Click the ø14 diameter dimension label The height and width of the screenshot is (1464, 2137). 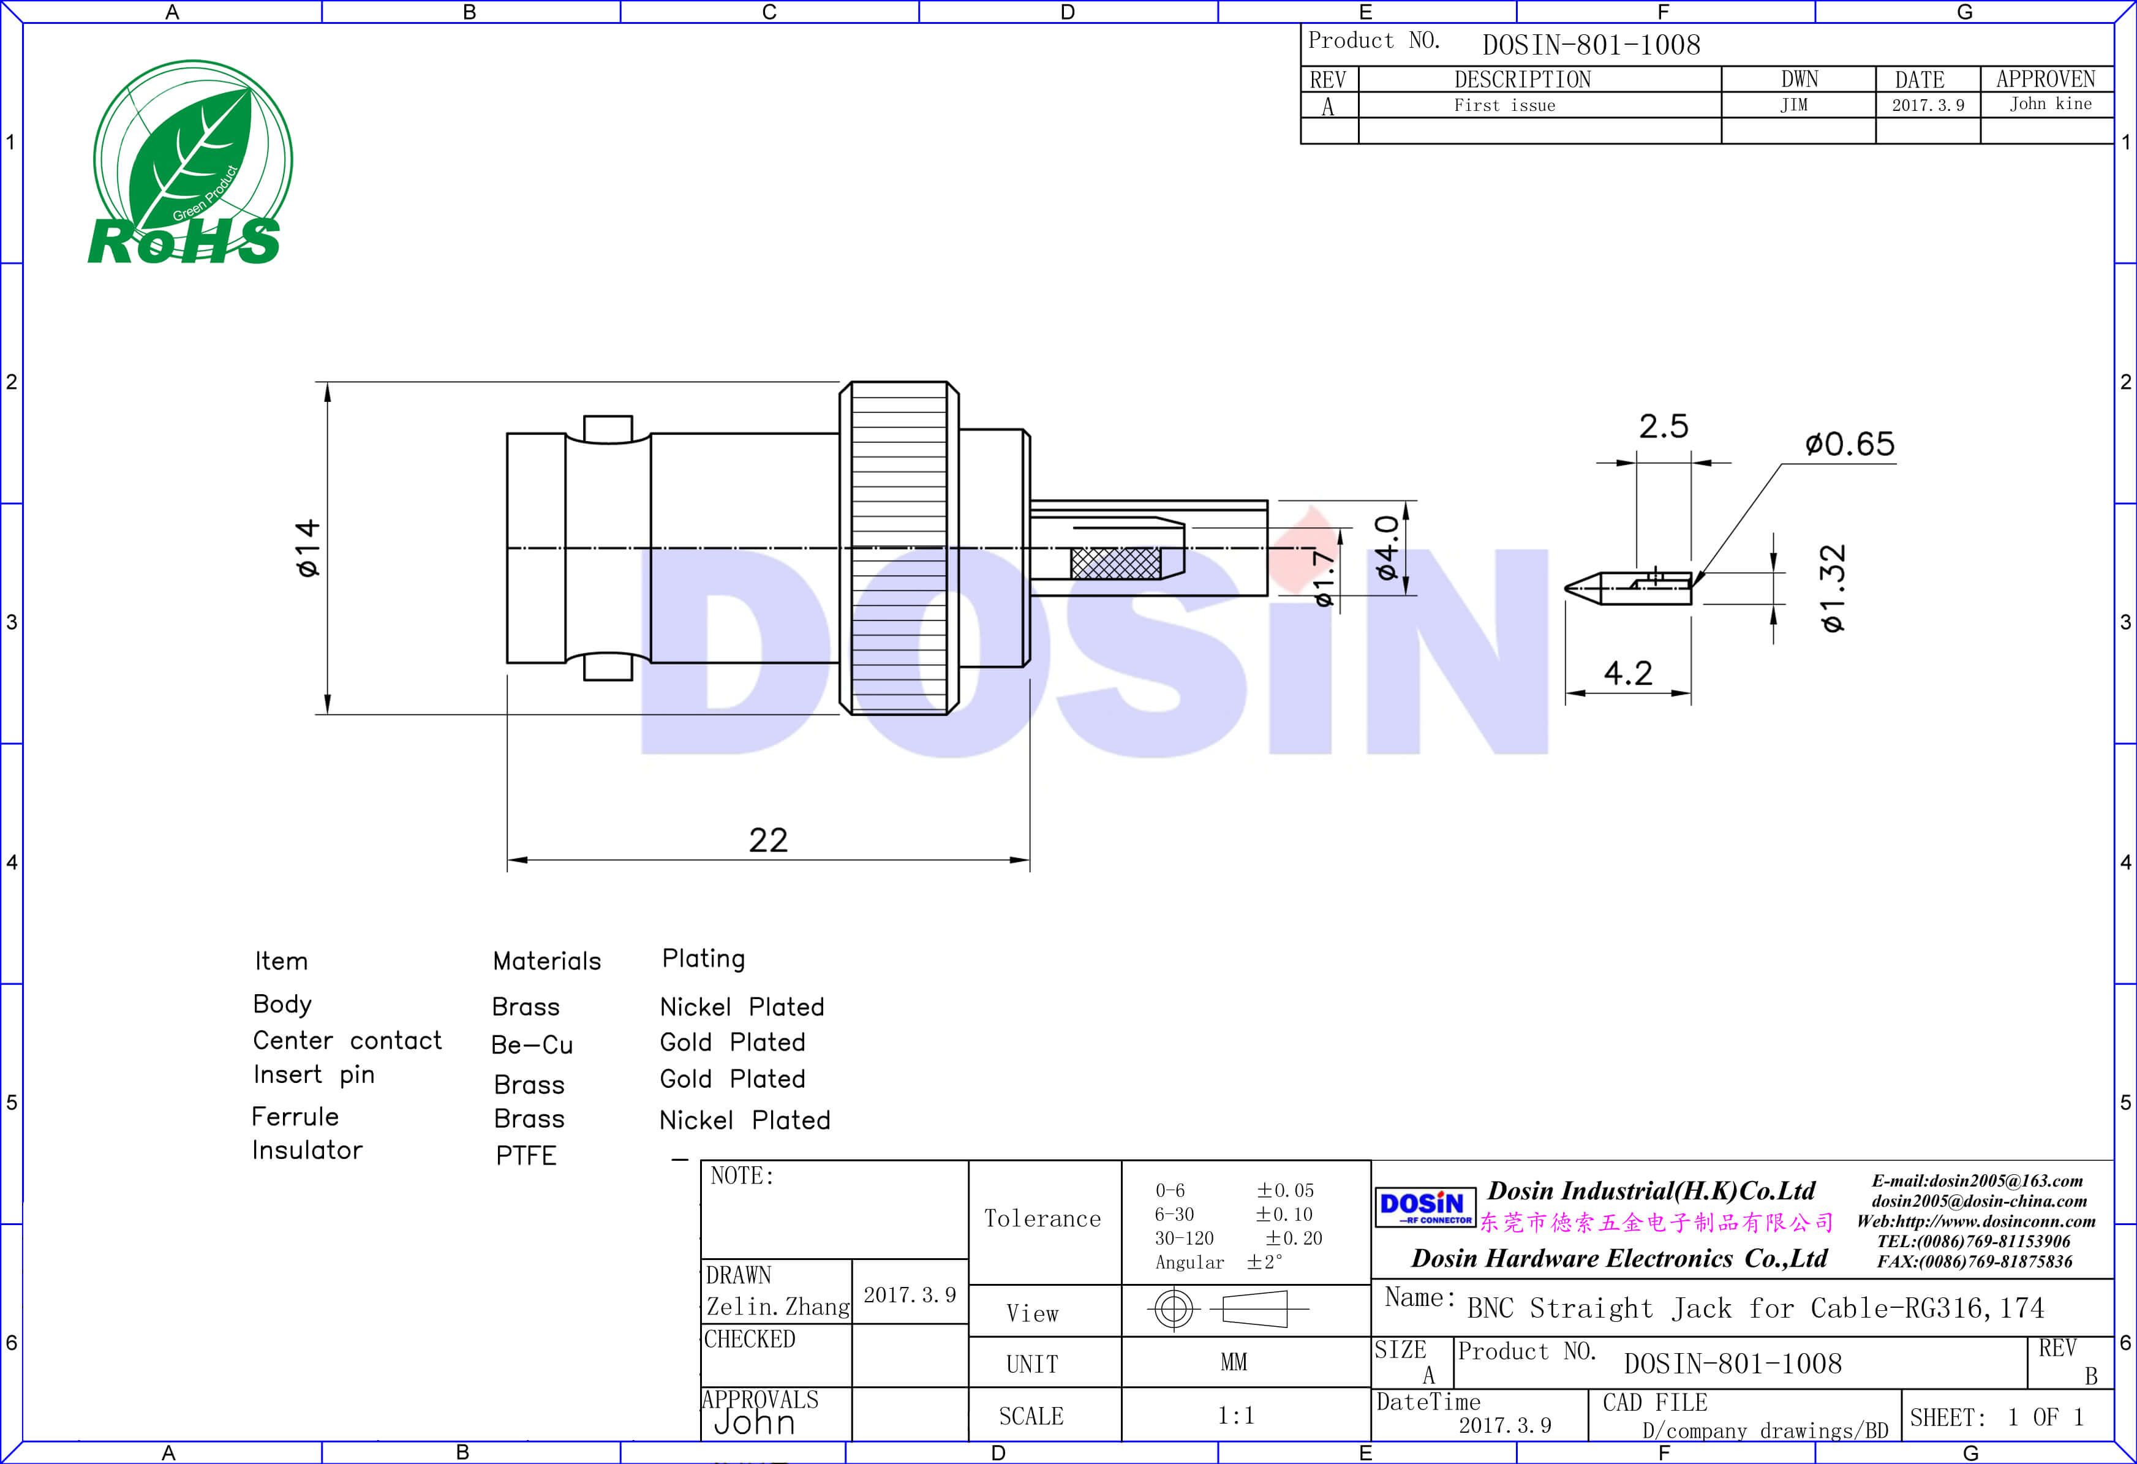tap(308, 548)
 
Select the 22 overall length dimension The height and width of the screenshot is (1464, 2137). tap(768, 840)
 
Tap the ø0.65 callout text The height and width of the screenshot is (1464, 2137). tap(1849, 444)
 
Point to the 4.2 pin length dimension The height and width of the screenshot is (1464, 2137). tap(1627, 673)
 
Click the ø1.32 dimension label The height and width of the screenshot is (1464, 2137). tap(1833, 589)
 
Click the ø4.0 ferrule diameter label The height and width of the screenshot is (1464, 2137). tap(1387, 548)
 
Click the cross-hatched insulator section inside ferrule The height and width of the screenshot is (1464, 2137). tap(1115, 563)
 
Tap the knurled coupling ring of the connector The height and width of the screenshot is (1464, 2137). tap(899, 548)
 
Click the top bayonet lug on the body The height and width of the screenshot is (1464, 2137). tap(608, 429)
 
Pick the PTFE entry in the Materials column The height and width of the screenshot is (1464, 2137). tap(526, 1155)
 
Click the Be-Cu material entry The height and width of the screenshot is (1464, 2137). tap(532, 1044)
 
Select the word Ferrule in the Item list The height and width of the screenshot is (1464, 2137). tap(295, 1117)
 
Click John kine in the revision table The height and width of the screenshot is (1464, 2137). tap(2049, 104)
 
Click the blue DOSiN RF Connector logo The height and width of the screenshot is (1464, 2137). tap(1424, 1207)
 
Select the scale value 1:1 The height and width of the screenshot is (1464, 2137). tap(1235, 1415)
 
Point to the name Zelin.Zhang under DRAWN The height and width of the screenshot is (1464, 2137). tap(777, 1307)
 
